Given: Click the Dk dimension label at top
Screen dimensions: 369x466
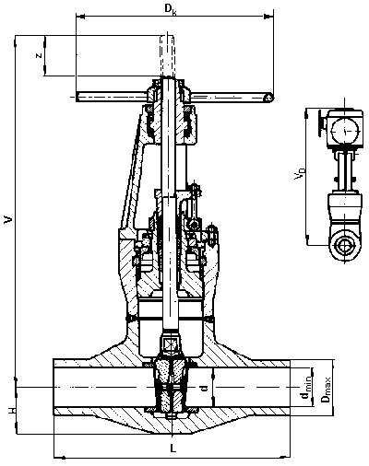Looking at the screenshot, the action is click(169, 8).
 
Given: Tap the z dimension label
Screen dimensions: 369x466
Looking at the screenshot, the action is click(39, 55).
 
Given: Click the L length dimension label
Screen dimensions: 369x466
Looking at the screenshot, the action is click(173, 449).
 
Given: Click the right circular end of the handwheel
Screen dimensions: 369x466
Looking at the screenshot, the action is click(268, 98).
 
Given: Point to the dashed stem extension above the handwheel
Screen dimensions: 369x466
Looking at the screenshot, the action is click(167, 56).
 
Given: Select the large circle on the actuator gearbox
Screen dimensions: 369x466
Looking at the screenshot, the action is click(345, 131).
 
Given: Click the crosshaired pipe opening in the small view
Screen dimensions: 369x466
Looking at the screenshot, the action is click(345, 246).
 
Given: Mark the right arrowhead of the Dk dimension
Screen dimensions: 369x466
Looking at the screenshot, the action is click(268, 16).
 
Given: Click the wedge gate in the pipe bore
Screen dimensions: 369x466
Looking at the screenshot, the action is click(170, 387).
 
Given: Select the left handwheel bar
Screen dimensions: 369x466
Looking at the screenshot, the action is click(112, 97).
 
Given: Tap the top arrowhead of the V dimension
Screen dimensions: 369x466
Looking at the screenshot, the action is click(16, 41).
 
